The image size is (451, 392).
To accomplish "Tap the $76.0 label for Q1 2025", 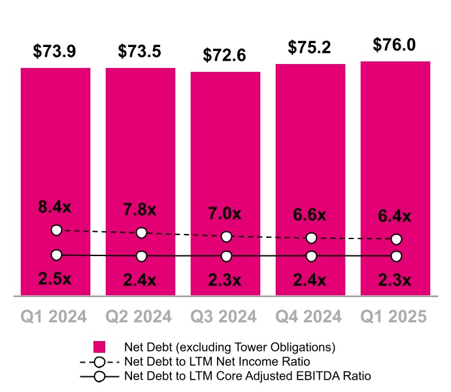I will tap(395, 45).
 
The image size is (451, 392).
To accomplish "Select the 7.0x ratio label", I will tap(225, 214).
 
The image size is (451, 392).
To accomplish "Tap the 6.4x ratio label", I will tap(395, 216).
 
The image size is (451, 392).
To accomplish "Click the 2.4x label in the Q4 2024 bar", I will tap(310, 280).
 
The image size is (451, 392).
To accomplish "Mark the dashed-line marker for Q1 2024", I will tap(56, 230).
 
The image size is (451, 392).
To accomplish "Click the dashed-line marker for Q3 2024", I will tap(226, 237).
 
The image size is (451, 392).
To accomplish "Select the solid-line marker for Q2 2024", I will tap(141, 255).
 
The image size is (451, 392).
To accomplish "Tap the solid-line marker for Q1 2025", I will tap(396, 255).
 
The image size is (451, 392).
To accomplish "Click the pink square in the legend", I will tap(99, 347).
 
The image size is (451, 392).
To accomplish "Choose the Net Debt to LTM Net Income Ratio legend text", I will tap(226, 361).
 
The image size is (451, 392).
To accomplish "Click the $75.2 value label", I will tap(310, 48).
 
